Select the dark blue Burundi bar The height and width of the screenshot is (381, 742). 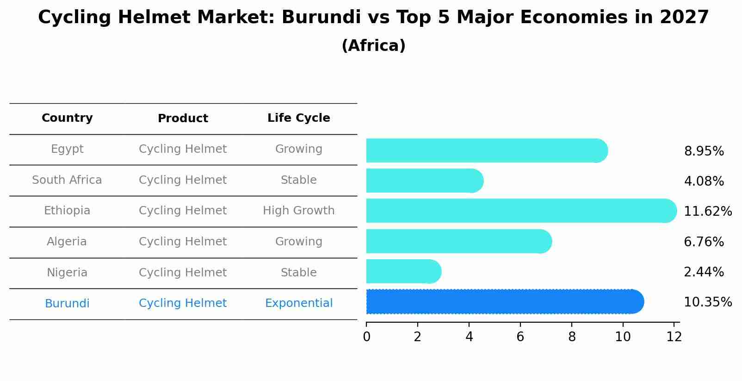pyautogui.click(x=504, y=302)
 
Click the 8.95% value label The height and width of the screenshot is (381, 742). pyautogui.click(x=704, y=151)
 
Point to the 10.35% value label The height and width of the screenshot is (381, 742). pyautogui.click(x=707, y=302)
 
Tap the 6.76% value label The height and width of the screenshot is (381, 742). pyautogui.click(x=704, y=242)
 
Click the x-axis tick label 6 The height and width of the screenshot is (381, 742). pyautogui.click(x=520, y=337)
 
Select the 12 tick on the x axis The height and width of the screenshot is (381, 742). pyautogui.click(x=674, y=337)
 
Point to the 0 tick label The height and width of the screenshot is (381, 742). pyautogui.click(x=366, y=337)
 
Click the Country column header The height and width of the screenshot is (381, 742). pyautogui.click(x=67, y=118)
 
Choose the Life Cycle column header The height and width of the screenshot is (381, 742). pyautogui.click(x=298, y=118)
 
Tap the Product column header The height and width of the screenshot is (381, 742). pyautogui.click(x=183, y=119)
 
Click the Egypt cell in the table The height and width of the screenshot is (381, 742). pyautogui.click(x=67, y=149)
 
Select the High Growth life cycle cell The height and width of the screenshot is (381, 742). pyautogui.click(x=298, y=211)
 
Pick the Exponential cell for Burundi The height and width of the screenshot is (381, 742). pyautogui.click(x=298, y=303)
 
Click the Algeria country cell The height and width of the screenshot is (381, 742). pyautogui.click(x=67, y=242)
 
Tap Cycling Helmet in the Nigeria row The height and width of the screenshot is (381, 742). pyautogui.click(x=183, y=273)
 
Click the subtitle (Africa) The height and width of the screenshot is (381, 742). pyautogui.click(x=373, y=46)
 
